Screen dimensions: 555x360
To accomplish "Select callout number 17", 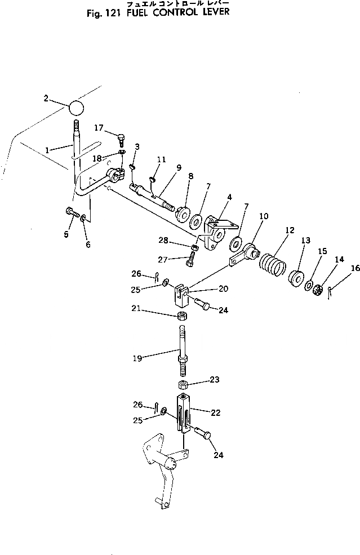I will pyautogui.click(x=98, y=127).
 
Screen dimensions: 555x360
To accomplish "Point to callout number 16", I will pyautogui.click(x=355, y=268).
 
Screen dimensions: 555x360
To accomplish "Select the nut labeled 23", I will pyautogui.click(x=182, y=384).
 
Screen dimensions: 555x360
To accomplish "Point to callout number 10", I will pyautogui.click(x=264, y=215).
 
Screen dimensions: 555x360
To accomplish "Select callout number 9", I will pyautogui.click(x=179, y=167).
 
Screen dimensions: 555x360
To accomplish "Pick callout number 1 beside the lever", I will pyautogui.click(x=48, y=150).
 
